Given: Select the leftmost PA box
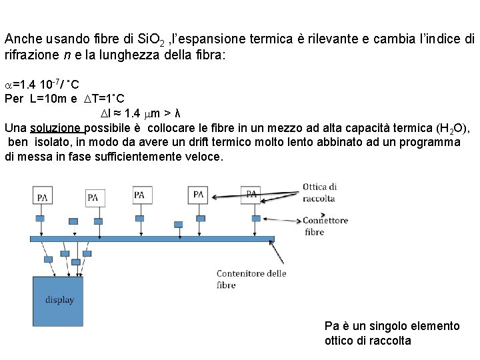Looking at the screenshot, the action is [43, 197].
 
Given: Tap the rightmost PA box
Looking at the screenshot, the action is [252, 194].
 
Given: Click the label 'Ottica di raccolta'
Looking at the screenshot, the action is [320, 193].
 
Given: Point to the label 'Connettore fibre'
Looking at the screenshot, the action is [325, 226].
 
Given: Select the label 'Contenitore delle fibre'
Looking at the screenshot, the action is [251, 279].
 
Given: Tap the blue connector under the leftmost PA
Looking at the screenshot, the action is [40, 219].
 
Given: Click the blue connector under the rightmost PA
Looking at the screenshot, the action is [255, 218].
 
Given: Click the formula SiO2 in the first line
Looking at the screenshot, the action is [153, 40].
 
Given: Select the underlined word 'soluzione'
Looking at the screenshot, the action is [57, 128].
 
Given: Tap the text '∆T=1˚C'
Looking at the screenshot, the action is [105, 99].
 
